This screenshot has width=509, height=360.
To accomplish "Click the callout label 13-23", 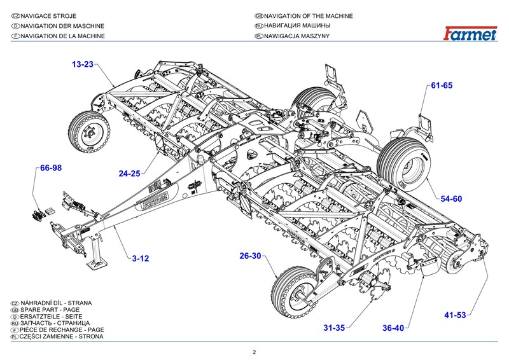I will [x=83, y=64].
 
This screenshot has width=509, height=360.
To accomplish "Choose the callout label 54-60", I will [x=451, y=199].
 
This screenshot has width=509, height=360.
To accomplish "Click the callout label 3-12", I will [x=141, y=258].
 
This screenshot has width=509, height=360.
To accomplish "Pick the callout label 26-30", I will [x=251, y=256].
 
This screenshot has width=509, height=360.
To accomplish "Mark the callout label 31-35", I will [x=334, y=328].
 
